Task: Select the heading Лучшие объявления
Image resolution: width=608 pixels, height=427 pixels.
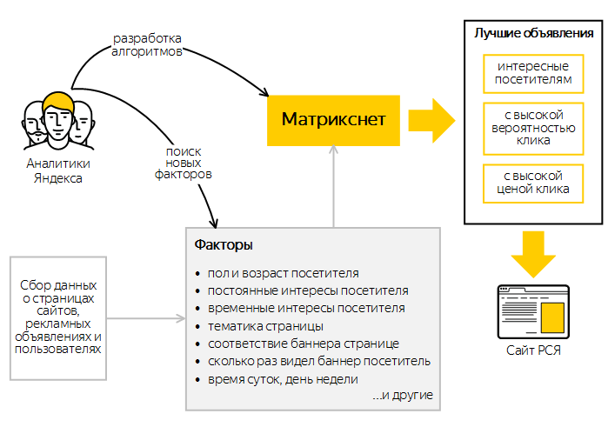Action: [533, 34]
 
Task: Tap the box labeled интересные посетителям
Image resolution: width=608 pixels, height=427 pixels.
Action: [533, 73]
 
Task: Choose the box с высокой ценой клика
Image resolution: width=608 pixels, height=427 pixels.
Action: [533, 183]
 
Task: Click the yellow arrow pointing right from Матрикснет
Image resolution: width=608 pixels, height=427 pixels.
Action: [431, 118]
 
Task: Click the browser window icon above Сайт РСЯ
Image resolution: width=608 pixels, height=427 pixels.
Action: [533, 312]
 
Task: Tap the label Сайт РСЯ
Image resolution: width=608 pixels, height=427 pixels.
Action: [533, 350]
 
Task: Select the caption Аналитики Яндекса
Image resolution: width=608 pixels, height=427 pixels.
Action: [57, 171]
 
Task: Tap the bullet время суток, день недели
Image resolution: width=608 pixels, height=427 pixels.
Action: [284, 379]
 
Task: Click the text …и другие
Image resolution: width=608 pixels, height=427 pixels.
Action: [402, 396]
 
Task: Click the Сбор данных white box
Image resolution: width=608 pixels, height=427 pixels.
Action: [57, 317]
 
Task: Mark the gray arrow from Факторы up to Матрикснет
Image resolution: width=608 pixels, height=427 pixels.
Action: [332, 187]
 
